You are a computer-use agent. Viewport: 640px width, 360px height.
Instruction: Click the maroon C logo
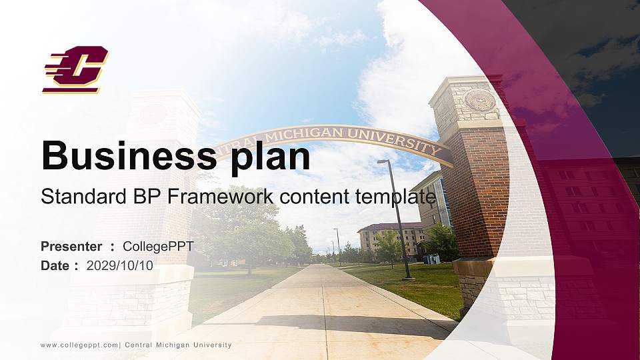pos(75,69)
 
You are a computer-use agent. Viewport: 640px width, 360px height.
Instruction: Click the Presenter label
pos(71,247)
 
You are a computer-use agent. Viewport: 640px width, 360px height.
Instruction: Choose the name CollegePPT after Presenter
pos(158,247)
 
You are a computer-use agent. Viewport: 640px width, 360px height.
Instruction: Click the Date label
pos(55,265)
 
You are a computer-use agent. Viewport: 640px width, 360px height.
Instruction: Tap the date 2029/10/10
pos(120,265)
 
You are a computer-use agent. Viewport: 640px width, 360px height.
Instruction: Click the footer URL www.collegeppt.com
pos(79,345)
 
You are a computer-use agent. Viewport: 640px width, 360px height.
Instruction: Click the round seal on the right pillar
pos(480,101)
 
